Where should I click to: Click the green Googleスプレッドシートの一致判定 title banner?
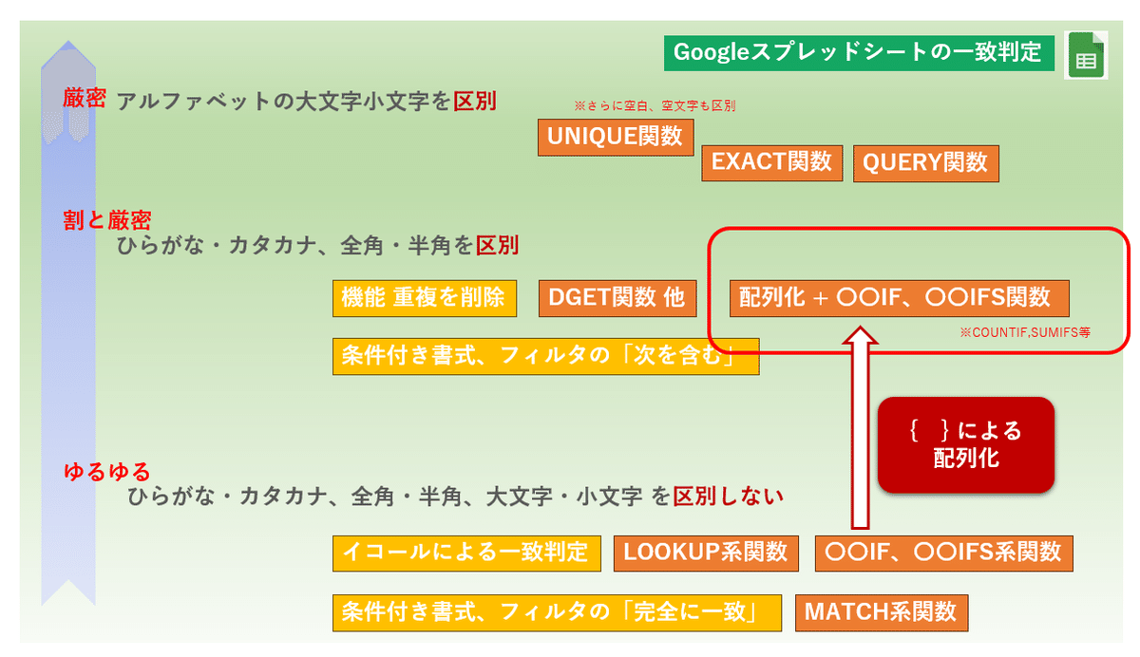pyautogui.click(x=859, y=53)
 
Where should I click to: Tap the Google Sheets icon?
pyautogui.click(x=1086, y=55)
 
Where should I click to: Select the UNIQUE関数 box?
pyautogui.click(x=616, y=138)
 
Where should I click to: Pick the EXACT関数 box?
pyautogui.click(x=772, y=162)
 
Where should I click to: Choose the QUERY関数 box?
pyautogui.click(x=925, y=163)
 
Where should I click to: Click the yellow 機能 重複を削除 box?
pyautogui.click(x=425, y=298)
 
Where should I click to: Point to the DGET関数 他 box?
pyautogui.click(x=617, y=298)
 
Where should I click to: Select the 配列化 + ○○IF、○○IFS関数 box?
pyautogui.click(x=900, y=298)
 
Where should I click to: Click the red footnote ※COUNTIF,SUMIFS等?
pyautogui.click(x=1025, y=332)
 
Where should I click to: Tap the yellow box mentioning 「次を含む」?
pyautogui.click(x=545, y=356)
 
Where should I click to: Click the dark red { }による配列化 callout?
pyautogui.click(x=966, y=445)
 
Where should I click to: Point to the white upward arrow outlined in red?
pyautogui.click(x=860, y=427)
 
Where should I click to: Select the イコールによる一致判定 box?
pyautogui.click(x=466, y=554)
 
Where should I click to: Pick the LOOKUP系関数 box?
pyautogui.click(x=706, y=554)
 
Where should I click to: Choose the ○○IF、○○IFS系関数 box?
pyautogui.click(x=944, y=554)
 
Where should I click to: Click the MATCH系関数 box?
pyautogui.click(x=882, y=612)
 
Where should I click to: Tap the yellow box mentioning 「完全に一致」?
pyautogui.click(x=557, y=612)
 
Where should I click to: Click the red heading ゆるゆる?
pyautogui.click(x=106, y=473)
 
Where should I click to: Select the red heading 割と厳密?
pyautogui.click(x=106, y=220)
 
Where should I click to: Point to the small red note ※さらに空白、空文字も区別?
pyautogui.click(x=655, y=105)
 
